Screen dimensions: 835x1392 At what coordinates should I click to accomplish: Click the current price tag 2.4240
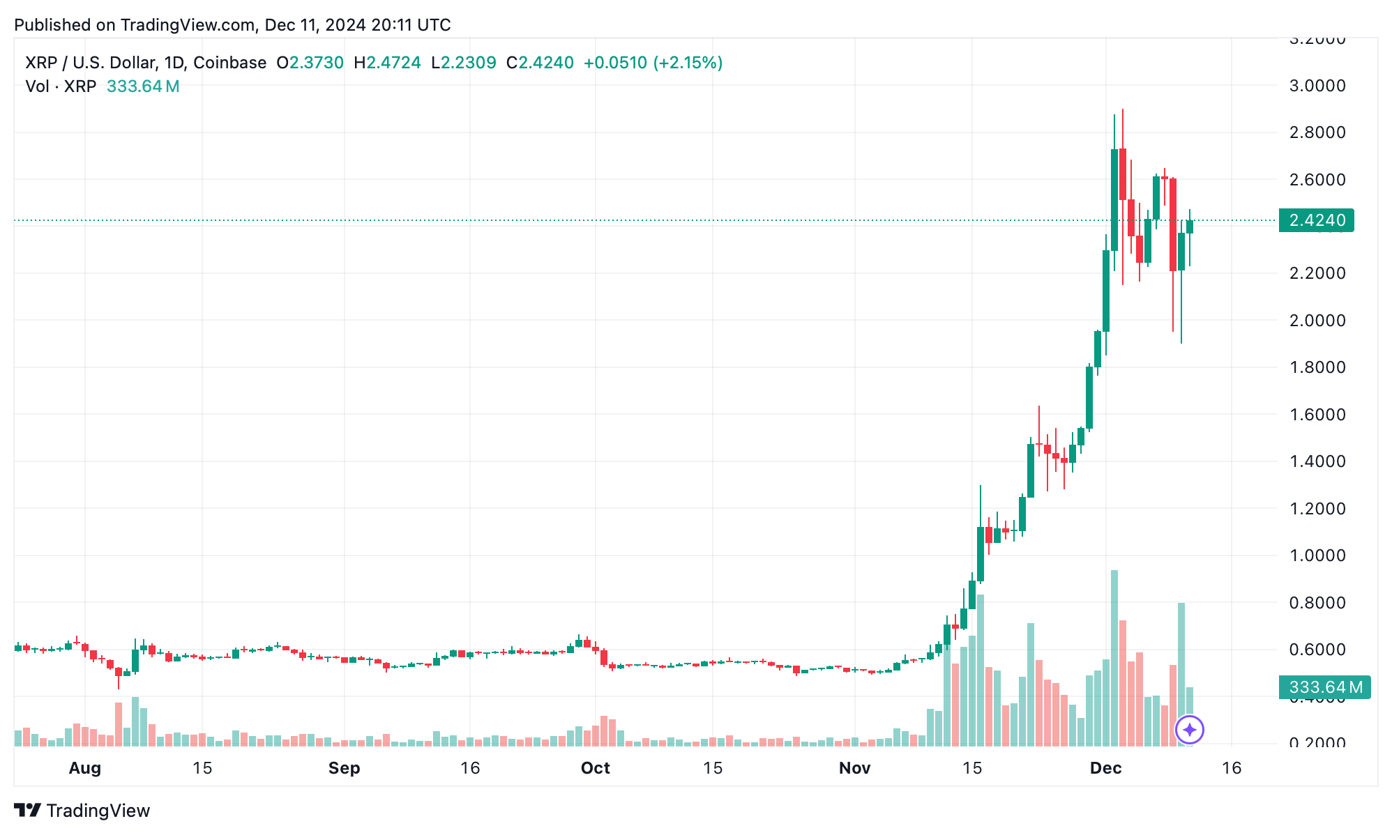tap(1316, 220)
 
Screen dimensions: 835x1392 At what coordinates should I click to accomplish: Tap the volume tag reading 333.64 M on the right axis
tap(1324, 687)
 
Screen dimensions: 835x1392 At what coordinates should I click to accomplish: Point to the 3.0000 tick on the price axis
tap(1317, 86)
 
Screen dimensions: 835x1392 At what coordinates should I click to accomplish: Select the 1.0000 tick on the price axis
tap(1317, 556)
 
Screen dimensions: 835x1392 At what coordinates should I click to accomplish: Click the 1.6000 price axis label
tap(1317, 415)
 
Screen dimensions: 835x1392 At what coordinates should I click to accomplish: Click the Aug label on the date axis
tap(85, 768)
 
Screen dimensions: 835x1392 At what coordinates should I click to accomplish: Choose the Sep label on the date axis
tap(344, 768)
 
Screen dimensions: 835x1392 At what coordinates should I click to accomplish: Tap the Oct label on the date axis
tap(595, 768)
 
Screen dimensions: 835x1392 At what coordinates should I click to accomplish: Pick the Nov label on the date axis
tap(854, 768)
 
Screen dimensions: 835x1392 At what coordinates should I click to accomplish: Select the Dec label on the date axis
tap(1105, 768)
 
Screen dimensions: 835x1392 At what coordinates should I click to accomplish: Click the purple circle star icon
tap(1189, 730)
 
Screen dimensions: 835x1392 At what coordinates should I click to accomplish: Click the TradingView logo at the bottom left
tap(82, 811)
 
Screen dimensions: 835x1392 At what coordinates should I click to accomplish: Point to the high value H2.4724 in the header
tap(388, 63)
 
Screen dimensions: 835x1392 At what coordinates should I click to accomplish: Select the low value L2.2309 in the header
tap(464, 63)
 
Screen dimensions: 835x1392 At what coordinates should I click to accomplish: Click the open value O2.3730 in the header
tap(310, 63)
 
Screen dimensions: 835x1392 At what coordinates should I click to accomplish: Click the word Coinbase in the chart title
tap(229, 63)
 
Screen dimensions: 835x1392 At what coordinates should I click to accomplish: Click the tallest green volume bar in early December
tap(1114, 659)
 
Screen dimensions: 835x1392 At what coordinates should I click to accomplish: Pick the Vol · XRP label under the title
tap(61, 86)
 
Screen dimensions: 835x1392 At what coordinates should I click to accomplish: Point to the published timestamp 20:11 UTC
tap(411, 25)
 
